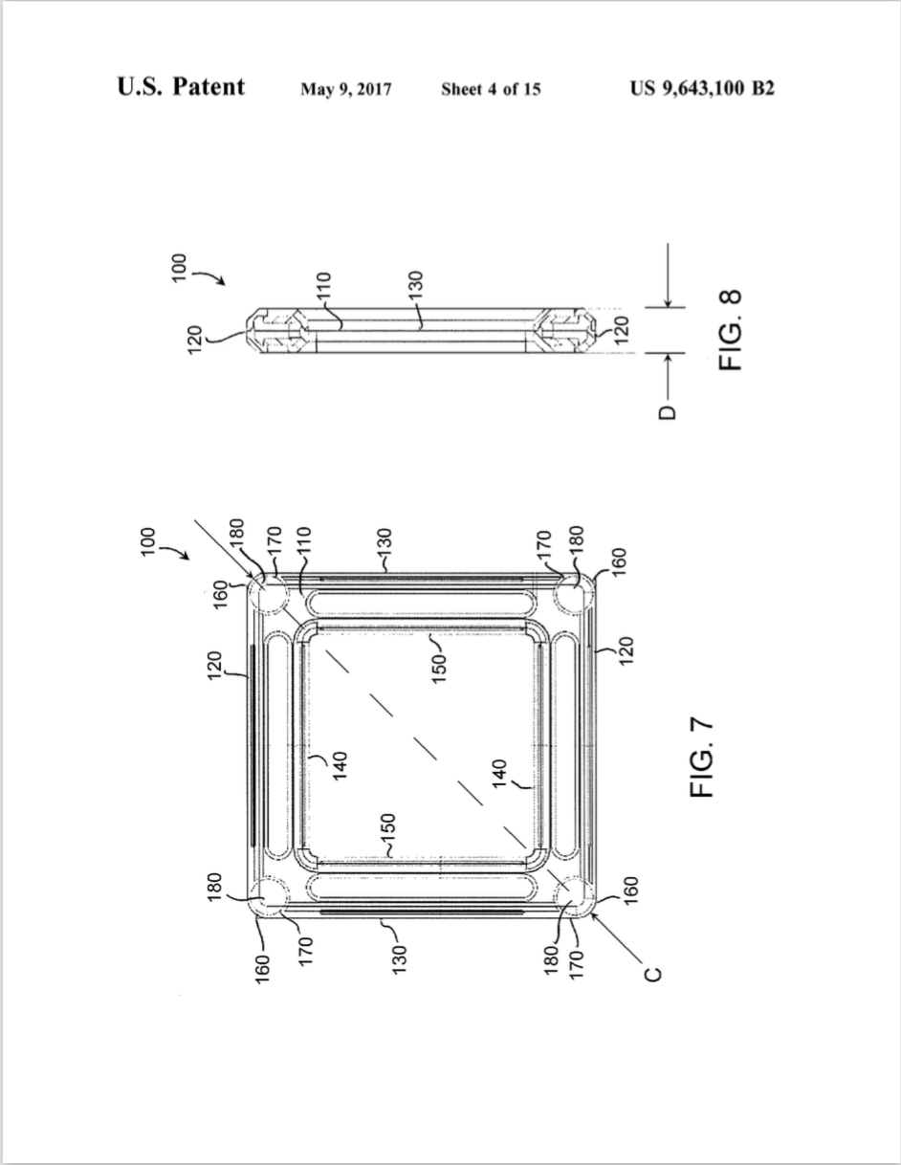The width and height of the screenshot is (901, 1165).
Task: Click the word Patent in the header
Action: point(208,87)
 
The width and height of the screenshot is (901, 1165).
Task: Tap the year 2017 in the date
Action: point(374,89)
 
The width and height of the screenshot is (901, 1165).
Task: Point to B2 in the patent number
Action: point(762,88)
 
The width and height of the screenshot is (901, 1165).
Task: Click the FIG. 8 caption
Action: point(731,330)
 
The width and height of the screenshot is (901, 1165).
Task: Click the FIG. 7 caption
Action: point(702,758)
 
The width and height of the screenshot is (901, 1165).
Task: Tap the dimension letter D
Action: point(668,412)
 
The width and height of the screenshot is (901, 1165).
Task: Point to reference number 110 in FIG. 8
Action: point(323,286)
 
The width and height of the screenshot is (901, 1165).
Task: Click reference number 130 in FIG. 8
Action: point(415,285)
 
